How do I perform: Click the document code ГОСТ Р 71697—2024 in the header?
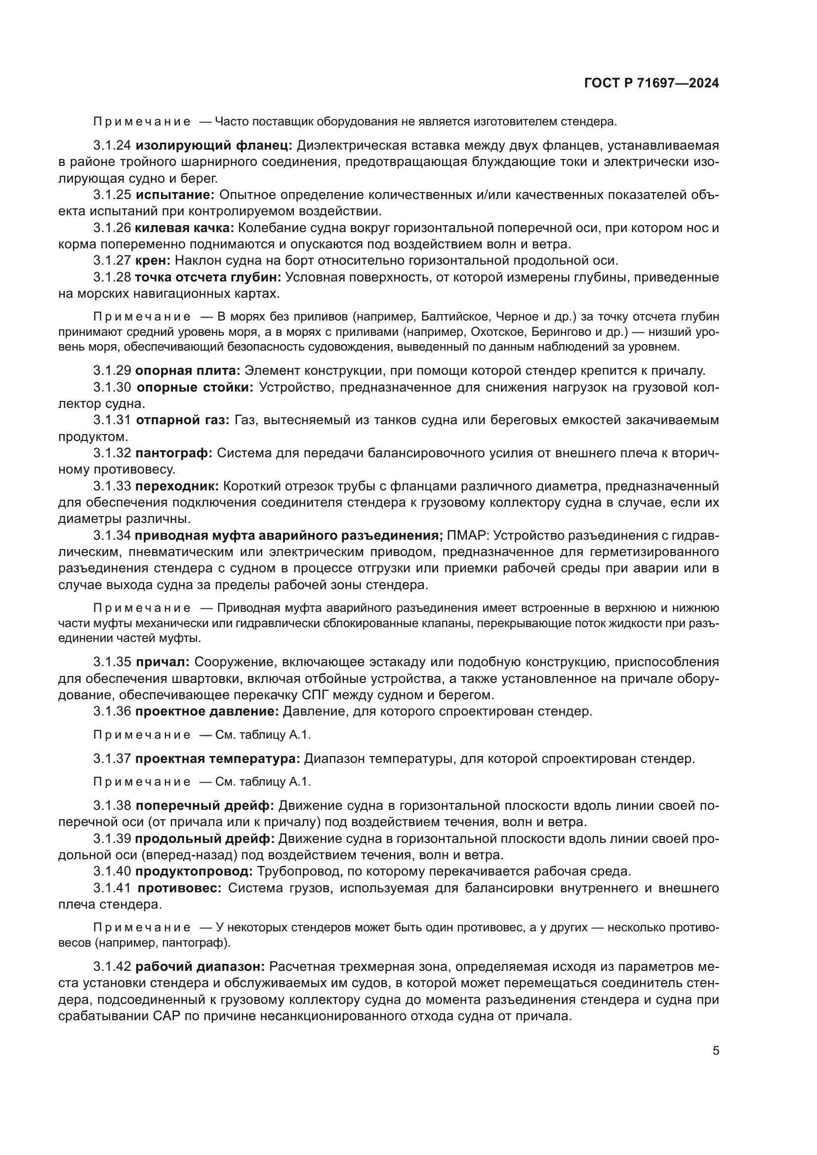pyautogui.click(x=652, y=83)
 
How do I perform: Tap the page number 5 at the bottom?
pyautogui.click(x=715, y=1051)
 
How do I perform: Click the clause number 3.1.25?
pyautogui.click(x=112, y=195)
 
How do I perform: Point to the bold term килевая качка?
pyautogui.click(x=184, y=228)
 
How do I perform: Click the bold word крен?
pyautogui.click(x=153, y=261)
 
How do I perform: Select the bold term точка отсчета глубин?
pyautogui.click(x=208, y=277)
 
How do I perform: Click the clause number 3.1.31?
pyautogui.click(x=112, y=420)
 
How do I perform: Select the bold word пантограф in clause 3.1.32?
pyautogui.click(x=173, y=453)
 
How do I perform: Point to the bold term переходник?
pyautogui.click(x=176, y=486)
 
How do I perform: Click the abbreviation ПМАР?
pyautogui.click(x=466, y=535)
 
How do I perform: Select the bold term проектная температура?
pyautogui.click(x=217, y=758)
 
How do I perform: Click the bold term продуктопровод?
pyautogui.click(x=194, y=871)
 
